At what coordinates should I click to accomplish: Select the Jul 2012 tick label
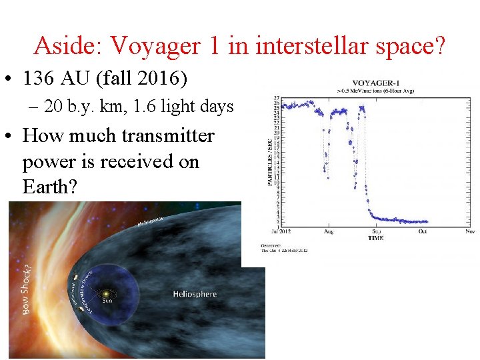click(282, 231)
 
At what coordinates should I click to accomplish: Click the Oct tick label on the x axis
click(423, 231)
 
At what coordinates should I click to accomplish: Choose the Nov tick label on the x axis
click(469, 231)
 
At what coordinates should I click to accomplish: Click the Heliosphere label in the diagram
click(195, 294)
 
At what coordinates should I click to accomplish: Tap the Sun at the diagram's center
click(105, 293)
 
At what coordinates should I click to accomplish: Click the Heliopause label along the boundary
click(151, 221)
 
